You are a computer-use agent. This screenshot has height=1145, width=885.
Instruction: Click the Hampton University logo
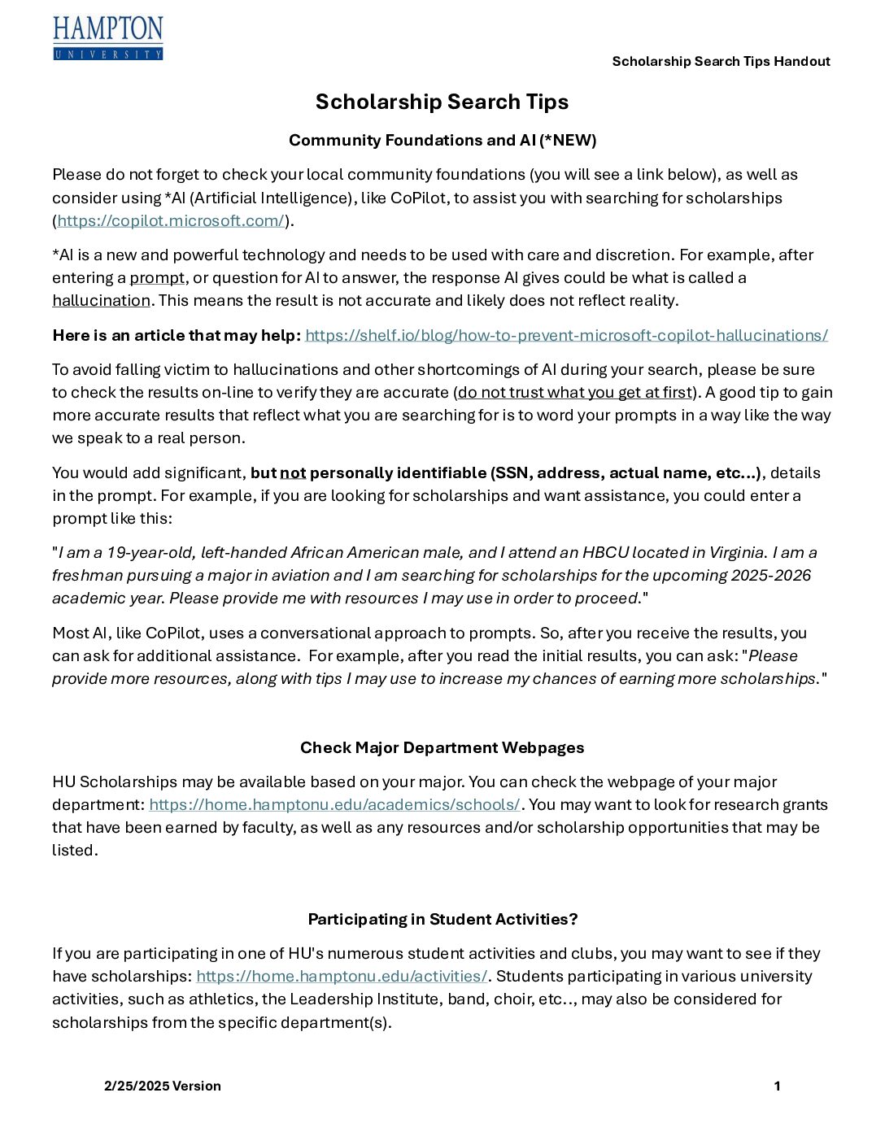coord(108,38)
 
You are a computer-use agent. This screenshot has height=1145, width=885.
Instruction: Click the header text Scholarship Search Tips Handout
coord(721,62)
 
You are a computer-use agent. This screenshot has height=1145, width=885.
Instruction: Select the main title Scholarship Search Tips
coord(442,102)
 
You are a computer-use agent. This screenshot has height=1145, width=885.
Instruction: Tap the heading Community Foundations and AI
coord(442,141)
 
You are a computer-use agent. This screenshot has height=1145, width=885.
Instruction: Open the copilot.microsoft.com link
coord(171,221)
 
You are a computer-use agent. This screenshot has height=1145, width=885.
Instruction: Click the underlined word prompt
coord(157,278)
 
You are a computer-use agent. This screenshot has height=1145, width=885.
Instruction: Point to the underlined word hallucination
coord(101,301)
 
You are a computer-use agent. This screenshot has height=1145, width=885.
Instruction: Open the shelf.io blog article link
coord(566,336)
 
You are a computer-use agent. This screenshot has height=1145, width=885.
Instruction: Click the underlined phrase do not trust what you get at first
coord(574,393)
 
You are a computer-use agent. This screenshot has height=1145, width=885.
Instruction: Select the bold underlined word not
coord(293,473)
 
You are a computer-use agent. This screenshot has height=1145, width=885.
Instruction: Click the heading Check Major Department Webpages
coord(442,748)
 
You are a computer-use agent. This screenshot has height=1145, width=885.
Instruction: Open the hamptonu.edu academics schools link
coord(334,805)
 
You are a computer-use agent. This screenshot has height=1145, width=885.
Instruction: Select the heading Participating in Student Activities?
coord(442,920)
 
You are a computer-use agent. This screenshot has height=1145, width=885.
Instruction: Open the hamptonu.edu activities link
coord(342,977)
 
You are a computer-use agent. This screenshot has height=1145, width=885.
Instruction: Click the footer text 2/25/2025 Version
coord(163,1086)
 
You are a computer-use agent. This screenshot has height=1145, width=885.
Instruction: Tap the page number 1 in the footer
coord(777,1086)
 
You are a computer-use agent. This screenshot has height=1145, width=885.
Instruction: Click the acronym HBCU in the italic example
coord(605,553)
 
